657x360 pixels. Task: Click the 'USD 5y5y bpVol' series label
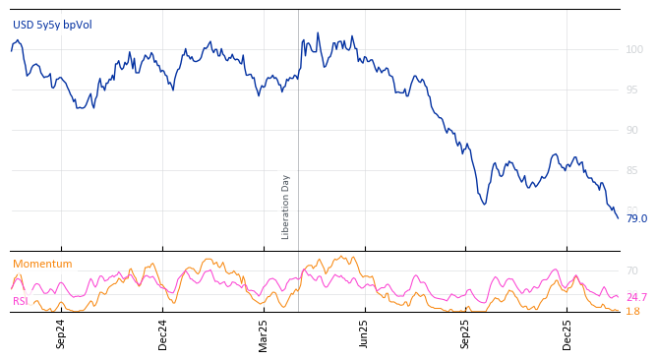(52, 25)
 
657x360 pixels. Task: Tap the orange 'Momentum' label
(42, 264)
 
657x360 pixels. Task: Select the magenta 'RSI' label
(20, 301)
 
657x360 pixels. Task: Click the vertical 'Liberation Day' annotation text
(286, 207)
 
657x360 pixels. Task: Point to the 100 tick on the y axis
(633, 49)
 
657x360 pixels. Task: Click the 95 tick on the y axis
(631, 90)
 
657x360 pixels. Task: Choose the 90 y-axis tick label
(631, 130)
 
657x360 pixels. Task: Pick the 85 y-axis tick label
(631, 170)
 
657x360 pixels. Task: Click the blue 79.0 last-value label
(636, 218)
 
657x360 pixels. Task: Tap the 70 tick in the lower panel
(631, 270)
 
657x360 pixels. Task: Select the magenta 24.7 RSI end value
(636, 297)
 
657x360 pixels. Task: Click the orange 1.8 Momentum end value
(632, 311)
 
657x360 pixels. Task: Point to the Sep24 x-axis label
(61, 333)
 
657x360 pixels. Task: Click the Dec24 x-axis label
(163, 333)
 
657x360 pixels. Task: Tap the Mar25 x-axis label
(264, 333)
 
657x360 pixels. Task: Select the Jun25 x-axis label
(364, 333)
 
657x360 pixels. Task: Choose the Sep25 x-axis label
(465, 333)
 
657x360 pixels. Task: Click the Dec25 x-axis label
(567, 333)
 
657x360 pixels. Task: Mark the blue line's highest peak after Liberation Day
(317, 33)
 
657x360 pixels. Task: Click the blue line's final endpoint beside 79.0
(618, 217)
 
